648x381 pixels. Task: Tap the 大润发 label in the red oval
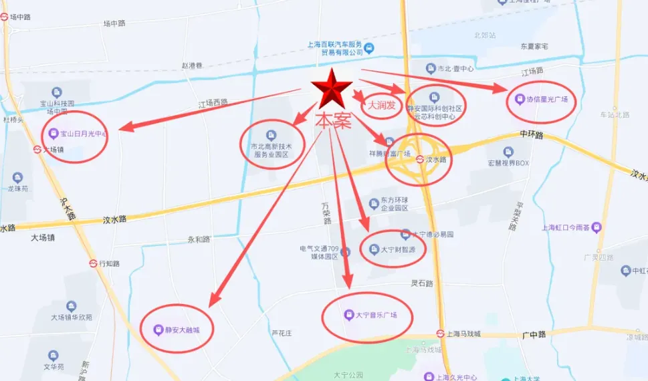[x=381, y=106]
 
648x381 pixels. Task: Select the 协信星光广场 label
[x=546, y=100]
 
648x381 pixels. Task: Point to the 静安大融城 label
[x=180, y=330]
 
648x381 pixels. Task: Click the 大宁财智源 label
[x=398, y=251]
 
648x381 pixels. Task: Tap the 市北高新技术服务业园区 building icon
[x=271, y=134]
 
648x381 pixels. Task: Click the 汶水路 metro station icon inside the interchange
[x=419, y=160]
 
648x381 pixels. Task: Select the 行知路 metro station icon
[x=93, y=263]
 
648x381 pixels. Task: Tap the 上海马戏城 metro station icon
[x=441, y=334]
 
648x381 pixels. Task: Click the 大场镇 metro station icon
[x=37, y=150]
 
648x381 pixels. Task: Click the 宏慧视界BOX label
[x=508, y=163]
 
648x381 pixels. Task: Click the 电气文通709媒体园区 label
[x=320, y=253]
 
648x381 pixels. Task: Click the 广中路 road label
[x=535, y=335]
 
